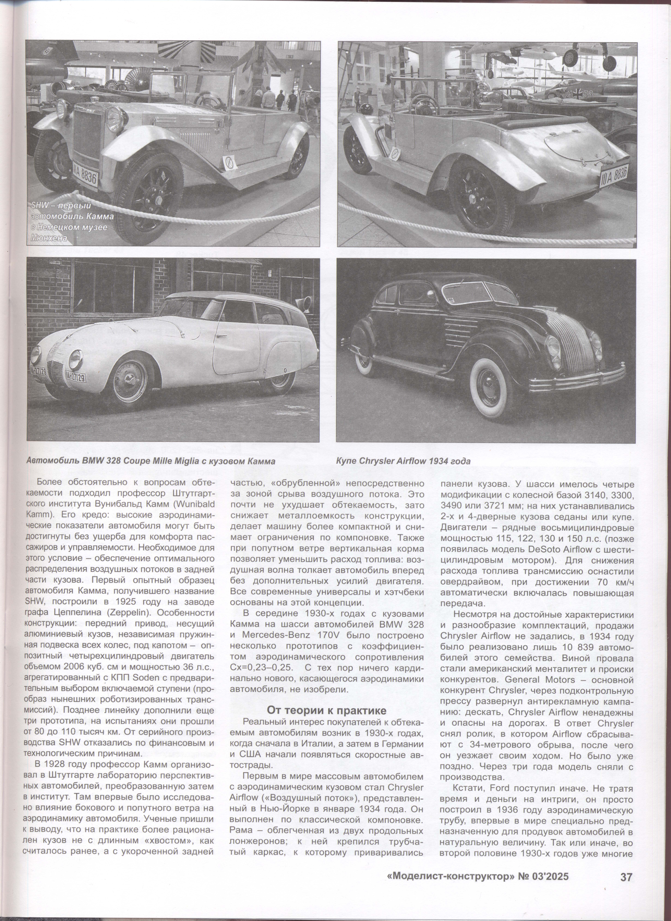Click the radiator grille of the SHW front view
tap(87, 134)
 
